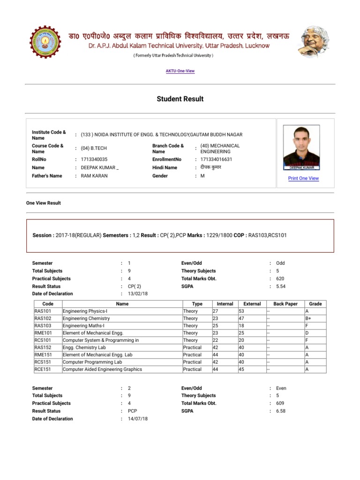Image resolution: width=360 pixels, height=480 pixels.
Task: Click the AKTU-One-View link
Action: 180,71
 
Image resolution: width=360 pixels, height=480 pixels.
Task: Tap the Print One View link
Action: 303,178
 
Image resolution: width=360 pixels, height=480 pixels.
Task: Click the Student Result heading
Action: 180,99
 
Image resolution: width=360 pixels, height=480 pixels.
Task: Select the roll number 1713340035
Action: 94,159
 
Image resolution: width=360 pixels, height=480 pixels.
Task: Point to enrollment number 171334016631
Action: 216,159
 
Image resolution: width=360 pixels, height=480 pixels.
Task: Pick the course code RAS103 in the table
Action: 43,326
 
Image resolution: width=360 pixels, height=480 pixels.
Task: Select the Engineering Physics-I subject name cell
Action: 85,311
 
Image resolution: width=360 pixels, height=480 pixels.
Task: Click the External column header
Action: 252,304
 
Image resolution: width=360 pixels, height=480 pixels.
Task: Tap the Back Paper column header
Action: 285,304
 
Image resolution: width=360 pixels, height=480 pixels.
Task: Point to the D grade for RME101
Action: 307,333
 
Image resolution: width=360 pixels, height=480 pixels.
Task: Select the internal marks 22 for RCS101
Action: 216,340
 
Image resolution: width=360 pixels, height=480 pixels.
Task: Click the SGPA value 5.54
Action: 281,286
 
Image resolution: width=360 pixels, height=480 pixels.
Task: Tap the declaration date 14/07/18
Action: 138,419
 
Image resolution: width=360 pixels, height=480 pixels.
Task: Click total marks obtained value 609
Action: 280,403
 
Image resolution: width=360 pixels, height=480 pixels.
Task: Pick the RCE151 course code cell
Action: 43,369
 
